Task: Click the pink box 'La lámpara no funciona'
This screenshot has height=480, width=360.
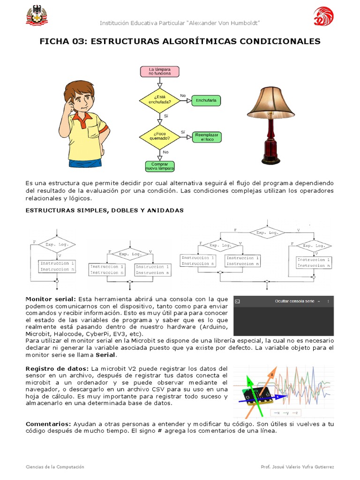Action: click(159, 72)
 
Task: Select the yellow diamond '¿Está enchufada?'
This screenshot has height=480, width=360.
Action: click(159, 99)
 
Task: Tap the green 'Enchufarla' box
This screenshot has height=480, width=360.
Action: click(206, 100)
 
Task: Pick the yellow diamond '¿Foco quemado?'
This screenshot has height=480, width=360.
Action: click(159, 136)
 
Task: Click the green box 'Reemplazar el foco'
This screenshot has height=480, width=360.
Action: click(207, 137)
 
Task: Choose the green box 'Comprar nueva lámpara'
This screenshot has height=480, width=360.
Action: click(159, 166)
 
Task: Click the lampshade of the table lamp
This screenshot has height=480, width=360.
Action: click(271, 102)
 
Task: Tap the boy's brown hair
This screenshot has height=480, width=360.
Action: click(78, 89)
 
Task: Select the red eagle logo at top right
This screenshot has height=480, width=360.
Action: click(323, 17)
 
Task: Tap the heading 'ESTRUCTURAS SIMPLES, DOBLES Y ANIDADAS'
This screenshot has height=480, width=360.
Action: click(105, 210)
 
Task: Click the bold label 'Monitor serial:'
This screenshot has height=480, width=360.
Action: click(50, 299)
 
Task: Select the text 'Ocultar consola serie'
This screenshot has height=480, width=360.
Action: click(294, 301)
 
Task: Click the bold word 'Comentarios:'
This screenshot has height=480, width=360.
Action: click(48, 424)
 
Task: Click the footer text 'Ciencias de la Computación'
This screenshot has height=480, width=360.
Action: click(55, 467)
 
